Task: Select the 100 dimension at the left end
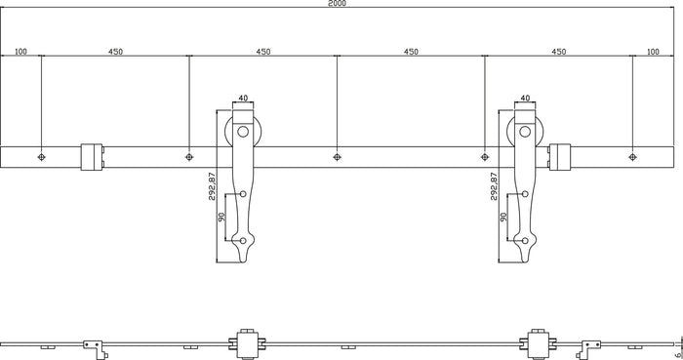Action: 20,52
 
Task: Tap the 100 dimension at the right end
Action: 653,52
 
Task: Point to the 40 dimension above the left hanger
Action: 243,98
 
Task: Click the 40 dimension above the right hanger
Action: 525,98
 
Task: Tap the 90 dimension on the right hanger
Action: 504,219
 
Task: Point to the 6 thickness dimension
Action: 674,343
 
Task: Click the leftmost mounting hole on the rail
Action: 40,155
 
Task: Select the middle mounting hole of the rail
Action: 337,155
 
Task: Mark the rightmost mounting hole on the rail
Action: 632,155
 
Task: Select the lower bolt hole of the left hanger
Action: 243,239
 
